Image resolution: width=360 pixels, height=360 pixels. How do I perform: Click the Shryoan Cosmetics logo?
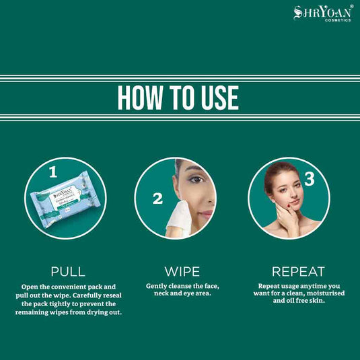click(322, 13)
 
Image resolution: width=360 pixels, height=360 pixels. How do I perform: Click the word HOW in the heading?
click(139, 98)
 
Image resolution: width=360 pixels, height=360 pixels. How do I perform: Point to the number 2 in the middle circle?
click(157, 199)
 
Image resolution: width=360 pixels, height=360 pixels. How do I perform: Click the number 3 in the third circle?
click(309, 179)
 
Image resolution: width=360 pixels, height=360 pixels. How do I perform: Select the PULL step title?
click(68, 272)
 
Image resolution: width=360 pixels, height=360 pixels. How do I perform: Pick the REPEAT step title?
click(298, 272)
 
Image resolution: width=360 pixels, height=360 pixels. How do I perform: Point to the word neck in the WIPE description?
click(157, 294)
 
